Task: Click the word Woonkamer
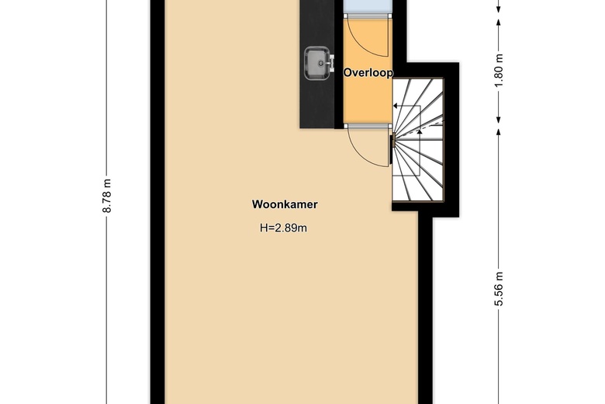pyautogui.click(x=285, y=205)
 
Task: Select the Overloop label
pyautogui.click(x=368, y=72)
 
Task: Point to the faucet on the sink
pyautogui.click(x=330, y=60)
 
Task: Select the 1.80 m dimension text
pyautogui.click(x=499, y=68)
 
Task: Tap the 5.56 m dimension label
pyautogui.click(x=499, y=288)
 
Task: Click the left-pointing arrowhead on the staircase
pyautogui.click(x=397, y=107)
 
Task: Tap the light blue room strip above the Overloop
pyautogui.click(x=368, y=7)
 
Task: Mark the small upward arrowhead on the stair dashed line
pyautogui.click(x=420, y=131)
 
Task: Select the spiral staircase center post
pyautogui.click(x=393, y=141)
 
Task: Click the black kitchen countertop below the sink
pyautogui.click(x=316, y=101)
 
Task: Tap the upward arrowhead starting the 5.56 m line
pyautogui.click(x=499, y=134)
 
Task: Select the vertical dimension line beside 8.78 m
pyautogui.click(x=123, y=233)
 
